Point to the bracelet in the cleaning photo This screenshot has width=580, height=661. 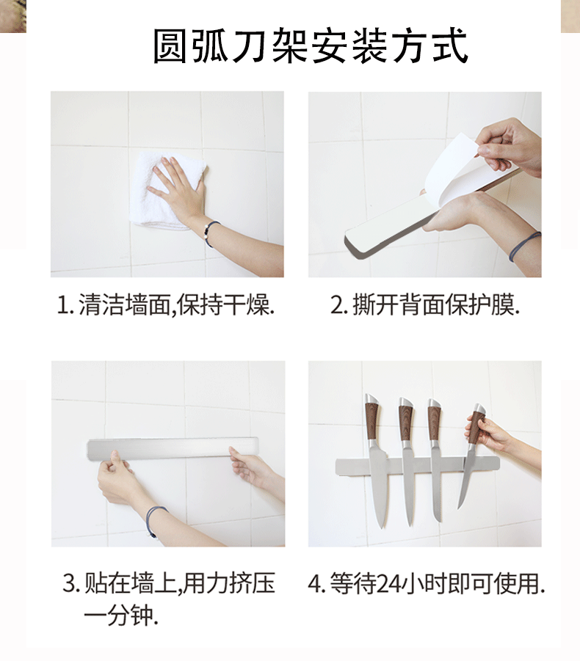(x=211, y=233)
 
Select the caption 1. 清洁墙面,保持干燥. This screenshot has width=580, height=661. (x=166, y=305)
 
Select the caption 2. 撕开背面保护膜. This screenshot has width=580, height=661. (x=424, y=305)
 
